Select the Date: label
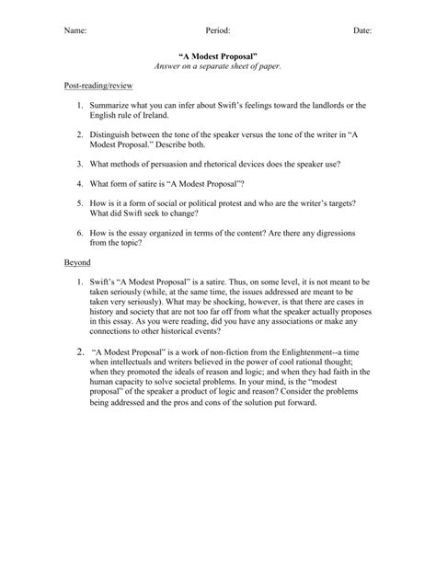(362, 31)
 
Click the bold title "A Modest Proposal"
(218, 56)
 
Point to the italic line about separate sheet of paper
(218, 67)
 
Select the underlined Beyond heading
(77, 262)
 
